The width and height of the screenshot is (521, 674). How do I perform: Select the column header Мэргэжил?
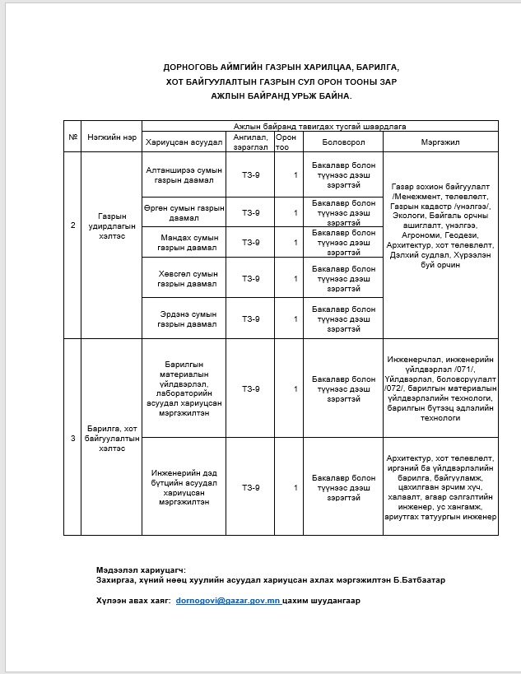[441, 142]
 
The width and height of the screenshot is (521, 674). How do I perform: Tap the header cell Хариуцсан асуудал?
[184, 142]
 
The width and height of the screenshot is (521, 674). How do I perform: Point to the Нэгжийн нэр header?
[111, 137]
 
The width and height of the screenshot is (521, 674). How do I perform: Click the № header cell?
[72, 137]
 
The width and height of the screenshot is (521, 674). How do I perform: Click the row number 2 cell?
[72, 225]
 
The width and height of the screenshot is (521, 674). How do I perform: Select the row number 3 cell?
[72, 438]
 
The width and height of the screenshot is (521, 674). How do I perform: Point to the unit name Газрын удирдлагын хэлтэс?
[111, 225]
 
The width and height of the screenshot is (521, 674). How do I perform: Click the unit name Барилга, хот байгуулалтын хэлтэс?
[111, 438]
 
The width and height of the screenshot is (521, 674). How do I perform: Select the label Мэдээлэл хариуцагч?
[140, 569]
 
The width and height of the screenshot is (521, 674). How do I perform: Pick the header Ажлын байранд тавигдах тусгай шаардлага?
[319, 126]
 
